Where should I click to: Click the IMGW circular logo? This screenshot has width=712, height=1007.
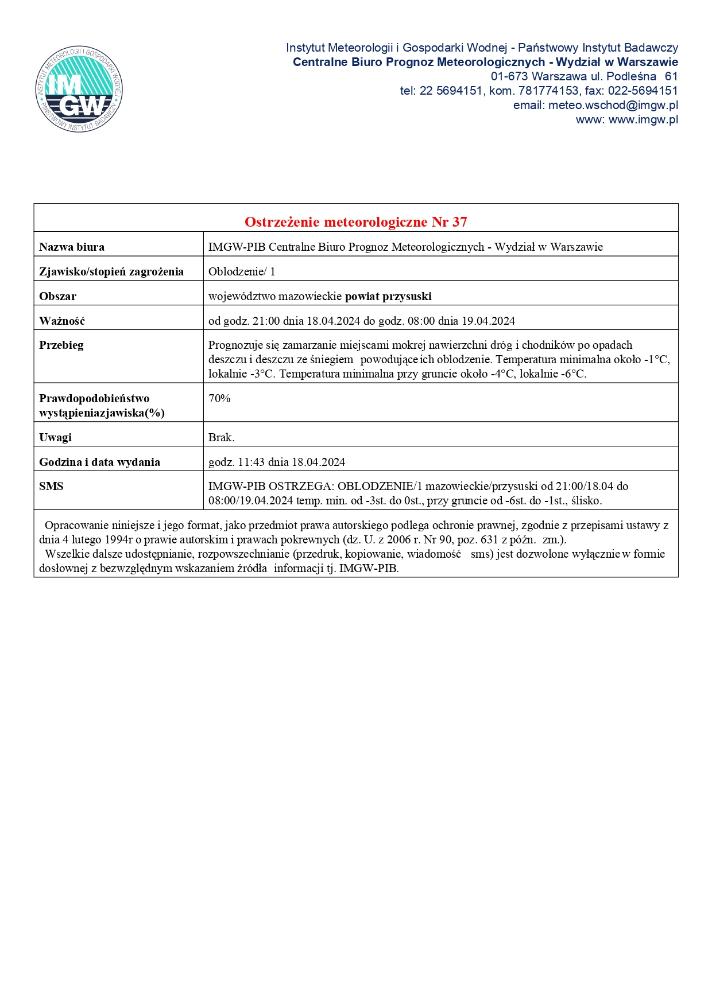(79, 89)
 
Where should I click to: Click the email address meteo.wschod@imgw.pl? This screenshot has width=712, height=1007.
(613, 105)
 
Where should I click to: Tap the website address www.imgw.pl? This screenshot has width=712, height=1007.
(643, 119)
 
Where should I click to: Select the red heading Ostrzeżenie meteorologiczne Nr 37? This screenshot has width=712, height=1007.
(355, 221)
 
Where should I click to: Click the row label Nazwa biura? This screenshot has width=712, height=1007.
(72, 247)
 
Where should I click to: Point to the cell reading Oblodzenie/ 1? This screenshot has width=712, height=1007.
(242, 271)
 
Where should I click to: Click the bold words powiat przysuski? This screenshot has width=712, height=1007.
(388, 296)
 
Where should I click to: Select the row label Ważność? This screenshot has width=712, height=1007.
(62, 321)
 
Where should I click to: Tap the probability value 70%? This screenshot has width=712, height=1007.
(219, 398)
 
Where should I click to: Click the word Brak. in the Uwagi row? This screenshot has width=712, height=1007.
(221, 437)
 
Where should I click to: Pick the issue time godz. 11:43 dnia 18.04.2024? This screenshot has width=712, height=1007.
(276, 462)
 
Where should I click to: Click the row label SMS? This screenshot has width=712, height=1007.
(51, 486)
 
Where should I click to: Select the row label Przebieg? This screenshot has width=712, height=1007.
(61, 345)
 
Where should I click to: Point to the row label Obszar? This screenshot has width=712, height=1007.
(57, 296)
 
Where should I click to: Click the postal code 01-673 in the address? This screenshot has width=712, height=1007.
(509, 76)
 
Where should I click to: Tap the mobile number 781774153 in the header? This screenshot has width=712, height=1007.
(548, 91)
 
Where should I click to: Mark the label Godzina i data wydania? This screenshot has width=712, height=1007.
(99, 462)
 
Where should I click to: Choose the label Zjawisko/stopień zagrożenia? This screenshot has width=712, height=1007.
(111, 271)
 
